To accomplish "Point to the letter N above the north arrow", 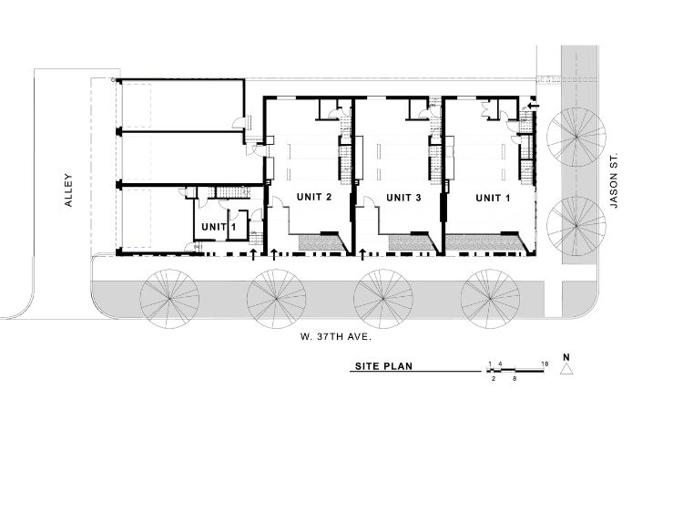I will click(566, 356).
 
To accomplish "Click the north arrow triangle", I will click(566, 370).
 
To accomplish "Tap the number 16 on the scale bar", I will click(545, 364).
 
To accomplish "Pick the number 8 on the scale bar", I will click(515, 378).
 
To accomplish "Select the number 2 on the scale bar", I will click(493, 378).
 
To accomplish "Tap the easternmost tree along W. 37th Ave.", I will click(490, 296).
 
